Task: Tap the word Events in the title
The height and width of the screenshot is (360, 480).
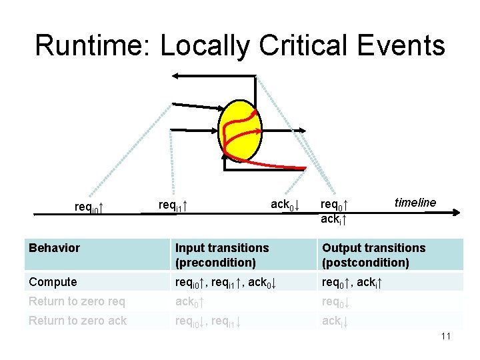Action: click(401, 45)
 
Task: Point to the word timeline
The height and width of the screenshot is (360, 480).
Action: click(415, 202)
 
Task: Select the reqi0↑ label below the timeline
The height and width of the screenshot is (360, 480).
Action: click(89, 207)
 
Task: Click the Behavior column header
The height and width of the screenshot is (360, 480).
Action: click(54, 248)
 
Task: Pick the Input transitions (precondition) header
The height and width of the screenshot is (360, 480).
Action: click(222, 255)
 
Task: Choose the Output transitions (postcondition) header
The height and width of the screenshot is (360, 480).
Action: click(373, 255)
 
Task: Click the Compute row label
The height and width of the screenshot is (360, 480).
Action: click(53, 282)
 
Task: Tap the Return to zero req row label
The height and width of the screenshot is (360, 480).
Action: click(77, 301)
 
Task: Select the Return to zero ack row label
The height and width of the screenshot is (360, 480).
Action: click(77, 321)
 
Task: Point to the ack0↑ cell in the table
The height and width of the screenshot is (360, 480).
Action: click(189, 301)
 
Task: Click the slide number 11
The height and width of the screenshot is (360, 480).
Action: click(446, 336)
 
